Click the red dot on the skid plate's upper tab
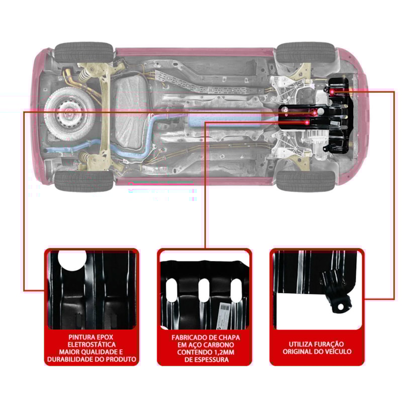click(x=333, y=90)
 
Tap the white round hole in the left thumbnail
click(x=72, y=260)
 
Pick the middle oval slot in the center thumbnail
click(x=204, y=290)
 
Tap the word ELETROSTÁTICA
click(x=91, y=344)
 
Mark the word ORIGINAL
click(x=298, y=352)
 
